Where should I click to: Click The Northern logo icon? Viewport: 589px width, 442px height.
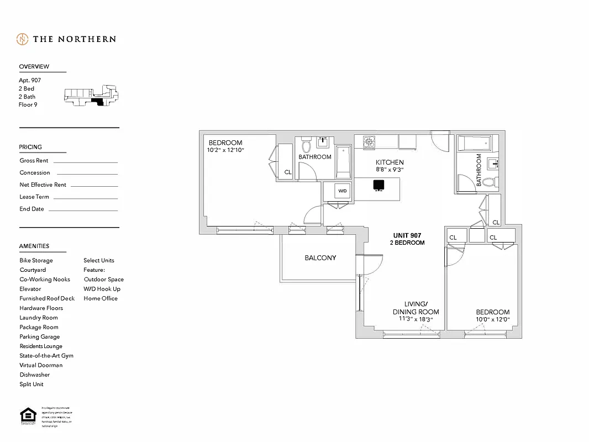[22, 39]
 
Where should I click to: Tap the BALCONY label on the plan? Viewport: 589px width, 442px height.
[320, 258]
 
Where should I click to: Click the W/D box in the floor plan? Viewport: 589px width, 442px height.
[342, 191]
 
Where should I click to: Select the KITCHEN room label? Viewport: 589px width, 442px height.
[390, 162]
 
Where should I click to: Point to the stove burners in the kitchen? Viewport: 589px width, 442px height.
[369, 142]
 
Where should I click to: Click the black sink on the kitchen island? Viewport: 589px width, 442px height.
[378, 185]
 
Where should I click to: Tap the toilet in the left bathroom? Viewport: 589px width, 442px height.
[307, 146]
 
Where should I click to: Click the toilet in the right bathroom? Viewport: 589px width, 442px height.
[488, 181]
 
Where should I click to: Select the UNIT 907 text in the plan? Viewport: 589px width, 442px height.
[407, 235]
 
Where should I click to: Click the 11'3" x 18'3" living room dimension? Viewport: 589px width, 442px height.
[416, 319]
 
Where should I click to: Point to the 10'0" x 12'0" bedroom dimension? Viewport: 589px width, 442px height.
[492, 319]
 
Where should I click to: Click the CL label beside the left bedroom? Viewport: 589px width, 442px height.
[288, 172]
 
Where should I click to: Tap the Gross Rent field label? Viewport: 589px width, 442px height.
[34, 161]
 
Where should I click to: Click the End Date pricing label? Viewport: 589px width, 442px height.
[31, 209]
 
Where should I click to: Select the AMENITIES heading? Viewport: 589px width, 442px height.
[34, 246]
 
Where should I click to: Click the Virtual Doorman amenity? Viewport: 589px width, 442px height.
[41, 365]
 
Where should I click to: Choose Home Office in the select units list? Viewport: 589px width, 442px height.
[101, 298]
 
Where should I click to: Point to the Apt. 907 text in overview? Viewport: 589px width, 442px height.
[30, 81]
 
